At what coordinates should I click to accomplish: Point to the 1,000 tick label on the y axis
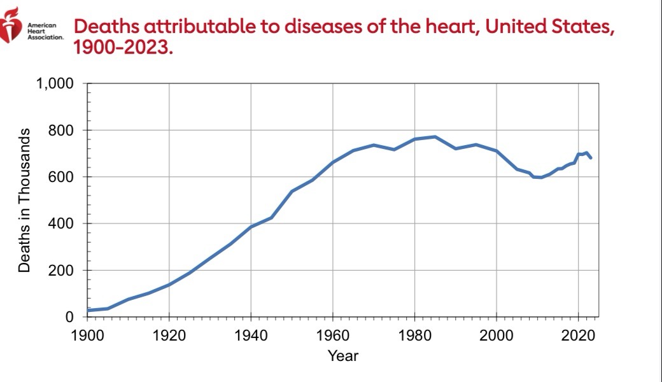55,83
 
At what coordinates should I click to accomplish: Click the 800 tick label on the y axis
64,131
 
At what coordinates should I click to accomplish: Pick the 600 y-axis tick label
64,177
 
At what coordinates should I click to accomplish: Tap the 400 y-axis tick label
64,224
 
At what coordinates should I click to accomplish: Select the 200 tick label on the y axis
64,271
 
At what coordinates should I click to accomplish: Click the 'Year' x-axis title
342,356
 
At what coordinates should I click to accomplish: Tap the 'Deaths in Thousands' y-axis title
24,200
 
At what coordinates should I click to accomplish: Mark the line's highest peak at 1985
435,137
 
